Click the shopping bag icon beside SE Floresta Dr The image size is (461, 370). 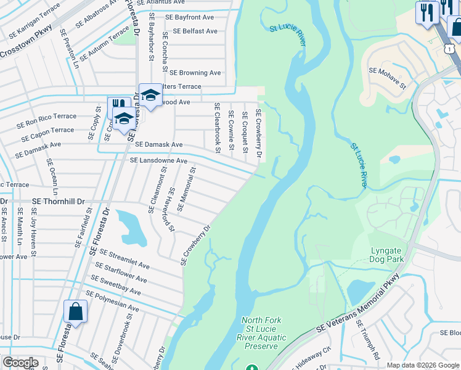[76, 312]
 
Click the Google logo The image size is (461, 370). [20, 363]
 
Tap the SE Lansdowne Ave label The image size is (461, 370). [158, 160]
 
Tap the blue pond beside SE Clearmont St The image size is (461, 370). [131, 226]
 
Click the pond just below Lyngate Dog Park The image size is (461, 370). [357, 291]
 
